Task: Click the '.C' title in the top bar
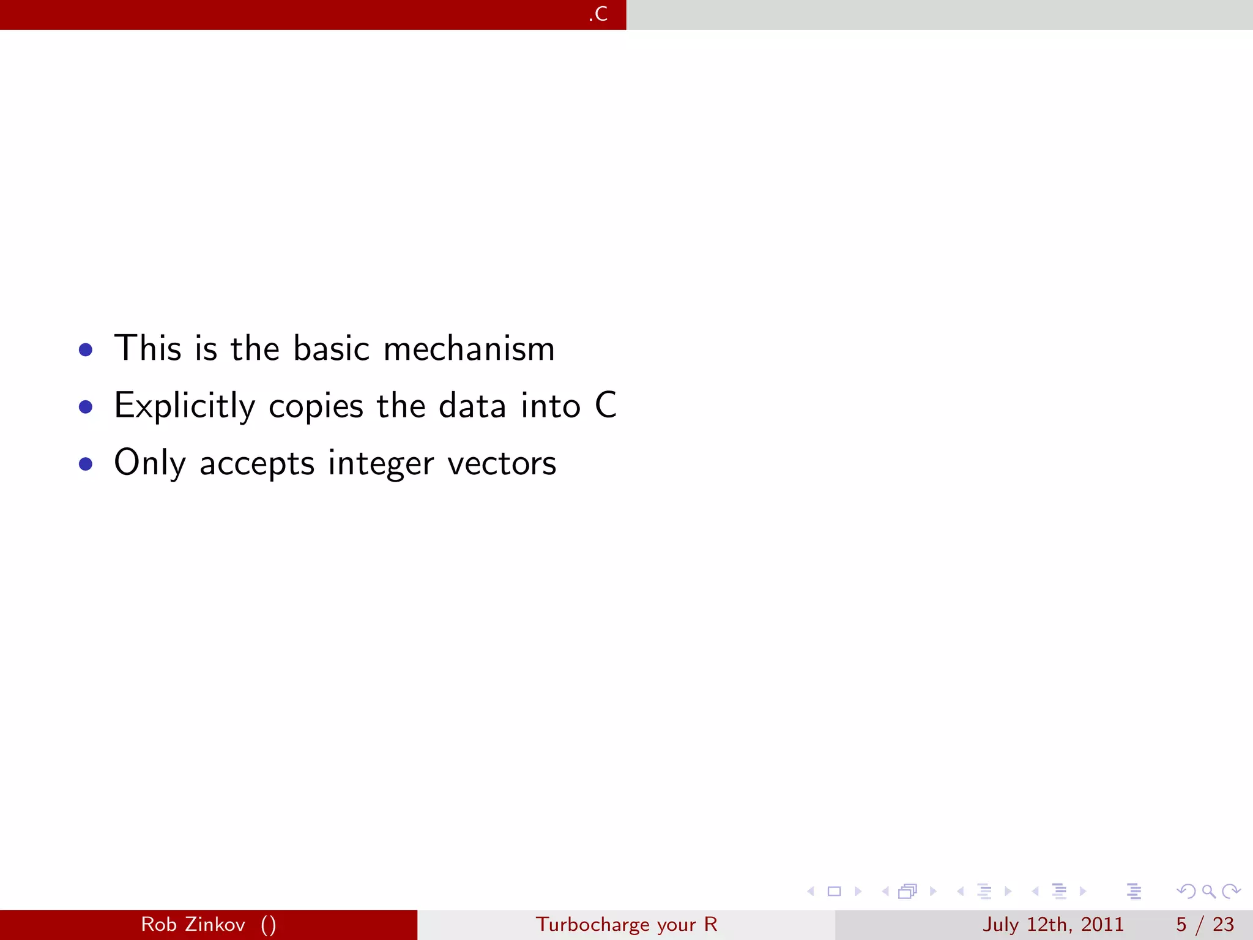(598, 13)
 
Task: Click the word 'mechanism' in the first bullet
(469, 349)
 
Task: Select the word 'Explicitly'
(184, 406)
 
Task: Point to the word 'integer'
(381, 464)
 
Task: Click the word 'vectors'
(502, 464)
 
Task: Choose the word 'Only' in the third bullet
(149, 464)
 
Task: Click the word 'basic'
(331, 349)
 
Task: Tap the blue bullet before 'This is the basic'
(86, 350)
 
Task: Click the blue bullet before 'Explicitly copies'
(86, 407)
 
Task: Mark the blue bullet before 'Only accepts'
(86, 464)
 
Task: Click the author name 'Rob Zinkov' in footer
(193, 924)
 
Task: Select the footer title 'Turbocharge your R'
(626, 924)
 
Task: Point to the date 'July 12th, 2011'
(1053, 924)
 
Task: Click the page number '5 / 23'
(1205, 924)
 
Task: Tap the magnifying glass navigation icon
(1208, 891)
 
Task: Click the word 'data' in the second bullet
(472, 406)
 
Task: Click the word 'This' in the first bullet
(148, 349)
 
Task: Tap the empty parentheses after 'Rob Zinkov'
(268, 925)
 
